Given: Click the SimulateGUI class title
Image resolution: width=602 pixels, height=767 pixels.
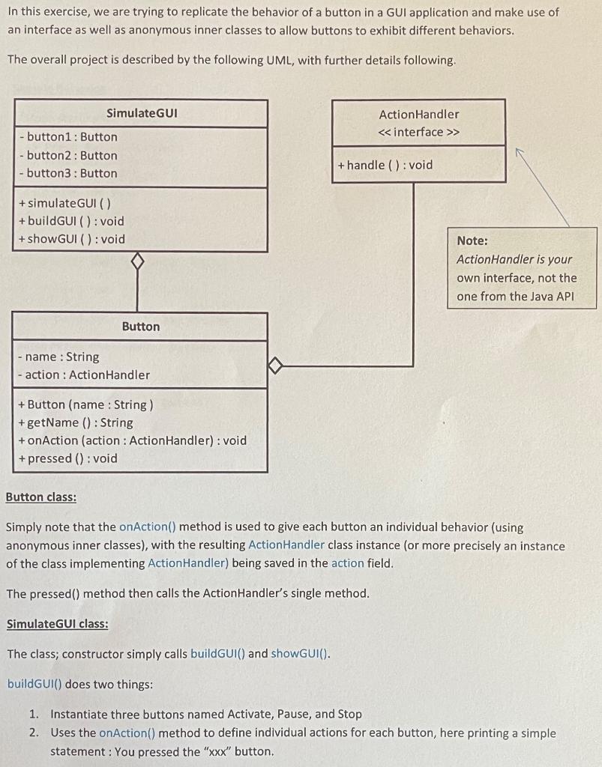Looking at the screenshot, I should [x=142, y=113].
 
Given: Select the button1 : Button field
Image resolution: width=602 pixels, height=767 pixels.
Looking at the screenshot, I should [x=68, y=136].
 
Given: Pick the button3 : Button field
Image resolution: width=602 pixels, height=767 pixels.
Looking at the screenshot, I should [x=68, y=173].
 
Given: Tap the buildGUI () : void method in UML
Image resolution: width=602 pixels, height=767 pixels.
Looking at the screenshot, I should [x=71, y=221].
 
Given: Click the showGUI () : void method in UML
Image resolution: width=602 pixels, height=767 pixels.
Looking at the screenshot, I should [x=71, y=239].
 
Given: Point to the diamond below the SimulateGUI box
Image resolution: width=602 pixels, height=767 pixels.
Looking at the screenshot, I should [x=136, y=262].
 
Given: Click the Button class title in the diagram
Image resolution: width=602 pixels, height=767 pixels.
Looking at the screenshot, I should [x=141, y=327].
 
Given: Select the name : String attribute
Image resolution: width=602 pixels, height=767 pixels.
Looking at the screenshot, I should [x=58, y=357].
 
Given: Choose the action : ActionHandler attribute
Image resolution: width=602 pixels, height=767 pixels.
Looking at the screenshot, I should [x=83, y=375].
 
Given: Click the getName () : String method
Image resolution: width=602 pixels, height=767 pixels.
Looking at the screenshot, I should [x=75, y=422].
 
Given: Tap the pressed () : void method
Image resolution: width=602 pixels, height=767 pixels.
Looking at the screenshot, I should [x=67, y=458].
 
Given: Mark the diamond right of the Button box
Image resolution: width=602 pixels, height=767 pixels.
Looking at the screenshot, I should [x=276, y=366].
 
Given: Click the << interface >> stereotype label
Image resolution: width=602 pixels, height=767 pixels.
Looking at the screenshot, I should [x=418, y=132].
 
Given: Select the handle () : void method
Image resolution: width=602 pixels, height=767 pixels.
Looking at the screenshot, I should [x=385, y=165].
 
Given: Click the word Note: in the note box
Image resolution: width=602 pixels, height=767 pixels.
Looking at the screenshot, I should [x=472, y=240].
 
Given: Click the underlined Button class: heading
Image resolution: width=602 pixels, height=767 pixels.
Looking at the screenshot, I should [x=41, y=497].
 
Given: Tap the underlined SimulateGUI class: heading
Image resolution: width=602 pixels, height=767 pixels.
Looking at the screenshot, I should [x=57, y=624].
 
